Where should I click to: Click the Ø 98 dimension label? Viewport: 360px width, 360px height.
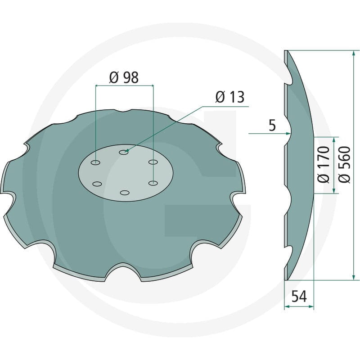click(124, 77)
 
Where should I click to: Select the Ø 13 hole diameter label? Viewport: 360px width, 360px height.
click(230, 97)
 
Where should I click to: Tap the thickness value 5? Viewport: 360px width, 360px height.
click(272, 126)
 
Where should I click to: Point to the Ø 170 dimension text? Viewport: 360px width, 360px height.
click(324, 164)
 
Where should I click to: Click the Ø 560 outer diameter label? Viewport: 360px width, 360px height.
click(344, 164)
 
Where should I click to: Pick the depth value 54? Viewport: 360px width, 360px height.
click(299, 297)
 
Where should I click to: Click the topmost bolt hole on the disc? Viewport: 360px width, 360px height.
click(123, 152)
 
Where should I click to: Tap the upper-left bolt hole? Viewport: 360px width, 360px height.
click(95, 162)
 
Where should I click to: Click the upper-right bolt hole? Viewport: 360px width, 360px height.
click(153, 162)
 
